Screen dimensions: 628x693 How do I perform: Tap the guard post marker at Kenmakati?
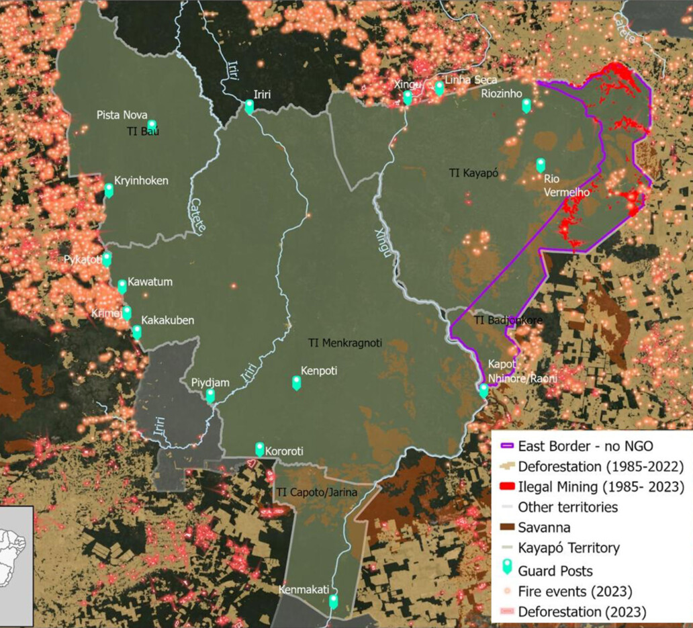pyautogui.click(x=333, y=601)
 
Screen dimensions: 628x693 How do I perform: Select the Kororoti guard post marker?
pyautogui.click(x=260, y=449)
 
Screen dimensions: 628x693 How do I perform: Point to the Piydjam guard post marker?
pyautogui.click(x=210, y=396)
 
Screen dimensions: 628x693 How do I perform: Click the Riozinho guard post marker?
pyautogui.click(x=526, y=105)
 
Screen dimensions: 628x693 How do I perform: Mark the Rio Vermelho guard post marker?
pyautogui.click(x=541, y=165)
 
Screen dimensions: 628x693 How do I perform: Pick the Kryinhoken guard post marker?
pyautogui.click(x=109, y=190)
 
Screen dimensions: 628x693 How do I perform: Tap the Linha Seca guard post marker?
pyautogui.click(x=439, y=88)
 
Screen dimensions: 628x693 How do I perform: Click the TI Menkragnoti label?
pyautogui.click(x=344, y=343)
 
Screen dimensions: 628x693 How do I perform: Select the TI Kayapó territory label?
pyautogui.click(x=473, y=173)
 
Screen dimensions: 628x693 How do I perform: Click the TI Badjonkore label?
pyautogui.click(x=508, y=320)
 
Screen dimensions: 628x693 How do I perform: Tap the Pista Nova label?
pyautogui.click(x=122, y=115)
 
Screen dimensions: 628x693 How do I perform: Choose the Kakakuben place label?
pyautogui.click(x=167, y=320)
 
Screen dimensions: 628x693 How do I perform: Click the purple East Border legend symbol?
pyautogui.click(x=506, y=447)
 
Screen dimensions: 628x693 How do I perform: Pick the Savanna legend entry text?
pyautogui.click(x=544, y=528)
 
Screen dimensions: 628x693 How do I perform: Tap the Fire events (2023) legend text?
pyautogui.click(x=575, y=592)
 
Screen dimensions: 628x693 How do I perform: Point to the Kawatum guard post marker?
pyautogui.click(x=122, y=287)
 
